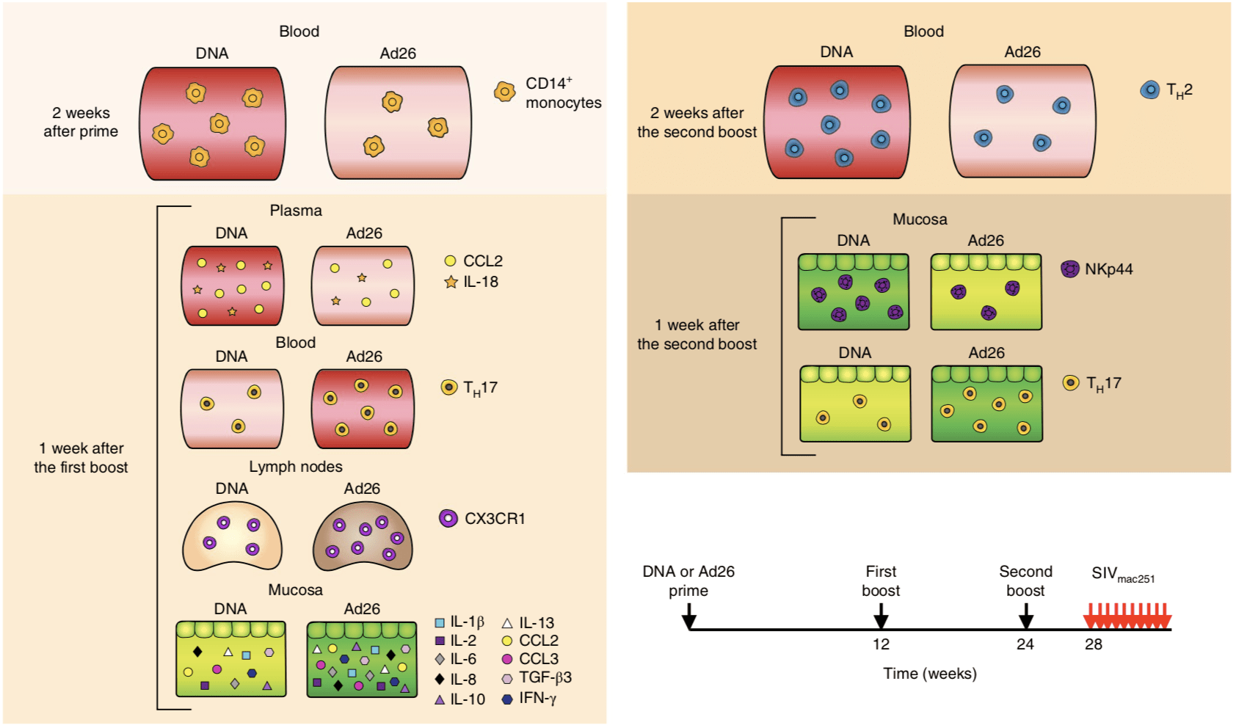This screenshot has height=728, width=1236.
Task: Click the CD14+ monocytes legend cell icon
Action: pos(504,92)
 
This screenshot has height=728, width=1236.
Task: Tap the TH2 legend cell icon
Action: pos(1149,90)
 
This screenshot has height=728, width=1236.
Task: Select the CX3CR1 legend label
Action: pos(495,519)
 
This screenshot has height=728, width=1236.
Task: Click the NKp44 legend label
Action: pos(1108,269)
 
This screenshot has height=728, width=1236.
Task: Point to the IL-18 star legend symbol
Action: pos(451,282)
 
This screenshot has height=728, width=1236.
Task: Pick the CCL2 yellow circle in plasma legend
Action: pos(451,261)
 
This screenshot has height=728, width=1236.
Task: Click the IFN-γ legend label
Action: pos(537,698)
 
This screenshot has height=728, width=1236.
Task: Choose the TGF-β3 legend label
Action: pos(545,678)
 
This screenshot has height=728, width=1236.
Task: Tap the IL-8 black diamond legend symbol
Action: pos(440,680)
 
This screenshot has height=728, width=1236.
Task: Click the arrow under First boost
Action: pos(881,616)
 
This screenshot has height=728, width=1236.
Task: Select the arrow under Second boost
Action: pos(1026,616)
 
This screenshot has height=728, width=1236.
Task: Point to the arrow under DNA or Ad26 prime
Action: pos(688,616)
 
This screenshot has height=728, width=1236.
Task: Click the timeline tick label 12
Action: pos(881,644)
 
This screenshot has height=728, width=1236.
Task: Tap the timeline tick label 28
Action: pos(1094,644)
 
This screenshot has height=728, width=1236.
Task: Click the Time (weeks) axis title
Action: pos(929,674)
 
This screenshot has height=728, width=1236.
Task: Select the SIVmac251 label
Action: pos(1122,574)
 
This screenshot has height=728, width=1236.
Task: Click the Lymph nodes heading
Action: pos(295,467)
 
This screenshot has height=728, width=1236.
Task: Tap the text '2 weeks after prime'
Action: pos(81,123)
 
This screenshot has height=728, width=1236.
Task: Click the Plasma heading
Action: pos(296,211)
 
